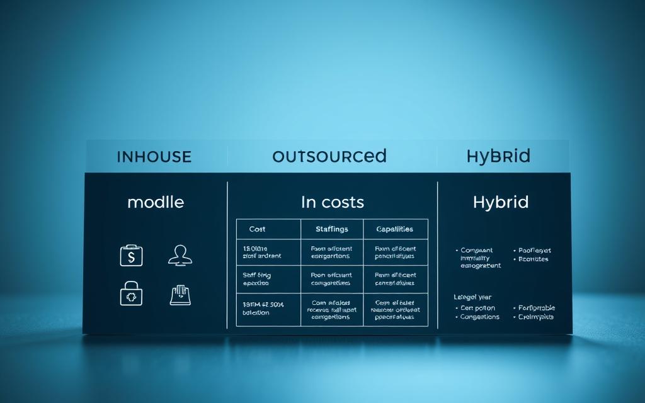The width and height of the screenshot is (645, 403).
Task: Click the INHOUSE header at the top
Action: (154, 157)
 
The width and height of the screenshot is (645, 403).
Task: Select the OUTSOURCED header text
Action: (329, 156)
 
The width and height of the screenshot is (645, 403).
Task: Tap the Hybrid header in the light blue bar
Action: (498, 156)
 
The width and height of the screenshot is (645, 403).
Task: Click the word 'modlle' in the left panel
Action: (156, 202)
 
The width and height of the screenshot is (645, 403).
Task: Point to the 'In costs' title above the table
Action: (332, 202)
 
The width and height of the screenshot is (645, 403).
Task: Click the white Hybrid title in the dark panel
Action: (501, 202)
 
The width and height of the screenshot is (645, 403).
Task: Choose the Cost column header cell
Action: (258, 229)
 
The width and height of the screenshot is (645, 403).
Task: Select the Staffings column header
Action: (331, 229)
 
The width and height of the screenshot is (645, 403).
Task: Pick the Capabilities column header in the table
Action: (395, 229)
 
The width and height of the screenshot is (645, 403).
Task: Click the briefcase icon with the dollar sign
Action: (132, 255)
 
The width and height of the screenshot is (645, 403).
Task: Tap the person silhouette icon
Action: (180, 255)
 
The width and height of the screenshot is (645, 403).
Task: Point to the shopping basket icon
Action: (180, 295)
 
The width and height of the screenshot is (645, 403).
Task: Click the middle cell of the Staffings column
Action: (331, 280)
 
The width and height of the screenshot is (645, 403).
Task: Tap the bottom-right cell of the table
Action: (395, 310)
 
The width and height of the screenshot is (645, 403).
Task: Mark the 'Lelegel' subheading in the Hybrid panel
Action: (472, 297)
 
